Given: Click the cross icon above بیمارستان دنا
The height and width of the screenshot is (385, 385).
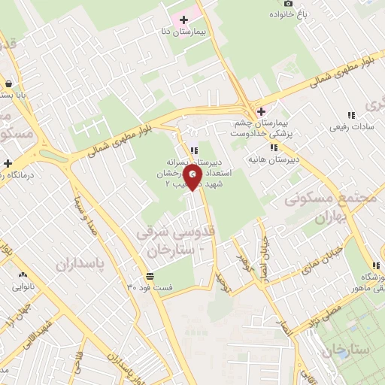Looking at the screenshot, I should point(183,19).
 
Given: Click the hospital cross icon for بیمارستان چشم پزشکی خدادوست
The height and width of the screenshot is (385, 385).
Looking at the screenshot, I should point(261,111).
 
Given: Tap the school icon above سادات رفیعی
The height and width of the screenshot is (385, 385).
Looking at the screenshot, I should point(351,115).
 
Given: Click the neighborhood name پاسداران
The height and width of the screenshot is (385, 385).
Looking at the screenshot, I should point(77,264).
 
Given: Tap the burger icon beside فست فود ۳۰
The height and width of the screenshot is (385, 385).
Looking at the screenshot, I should point(150,276).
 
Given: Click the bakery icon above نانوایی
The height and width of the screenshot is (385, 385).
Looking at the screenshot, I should point(23,275).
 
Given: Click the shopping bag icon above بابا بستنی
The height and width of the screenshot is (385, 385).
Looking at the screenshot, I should point(8,84).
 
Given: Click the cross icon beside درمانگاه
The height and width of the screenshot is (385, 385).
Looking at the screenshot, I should point(8,163).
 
